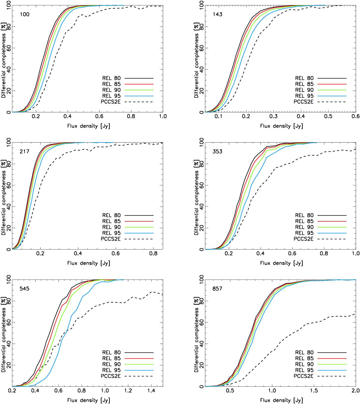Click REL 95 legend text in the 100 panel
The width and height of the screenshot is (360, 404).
pyautogui.click(x=111, y=96)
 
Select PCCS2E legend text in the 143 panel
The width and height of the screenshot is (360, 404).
pyautogui.click(x=304, y=102)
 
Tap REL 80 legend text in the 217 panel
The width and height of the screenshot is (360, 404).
pyautogui.click(x=111, y=215)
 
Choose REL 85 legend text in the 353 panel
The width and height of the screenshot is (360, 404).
pyautogui.click(x=304, y=221)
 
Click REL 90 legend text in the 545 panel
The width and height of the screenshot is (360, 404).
pyautogui.click(x=111, y=364)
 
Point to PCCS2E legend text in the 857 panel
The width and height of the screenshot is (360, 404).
pyautogui.click(x=304, y=376)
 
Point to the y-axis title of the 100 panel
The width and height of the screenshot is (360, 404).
pyautogui.click(x=4, y=56)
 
